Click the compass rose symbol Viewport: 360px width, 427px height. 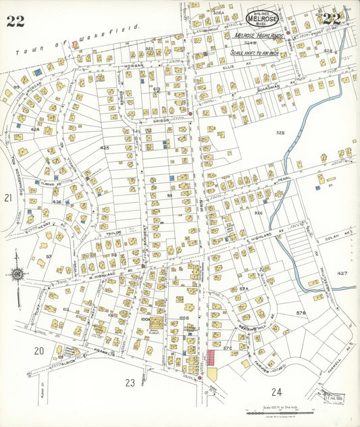pyautogui.click(x=18, y=274)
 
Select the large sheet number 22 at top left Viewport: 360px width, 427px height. pyautogui.click(x=16, y=20)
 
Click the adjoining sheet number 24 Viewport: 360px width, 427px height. pyautogui.click(x=276, y=392)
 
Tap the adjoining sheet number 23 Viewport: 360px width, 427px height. pyautogui.click(x=130, y=382)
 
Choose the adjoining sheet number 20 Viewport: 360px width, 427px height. pyautogui.click(x=39, y=350)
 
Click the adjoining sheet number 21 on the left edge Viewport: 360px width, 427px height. pyautogui.click(x=8, y=198)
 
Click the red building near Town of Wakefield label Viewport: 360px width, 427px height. pyautogui.click(x=74, y=45)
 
